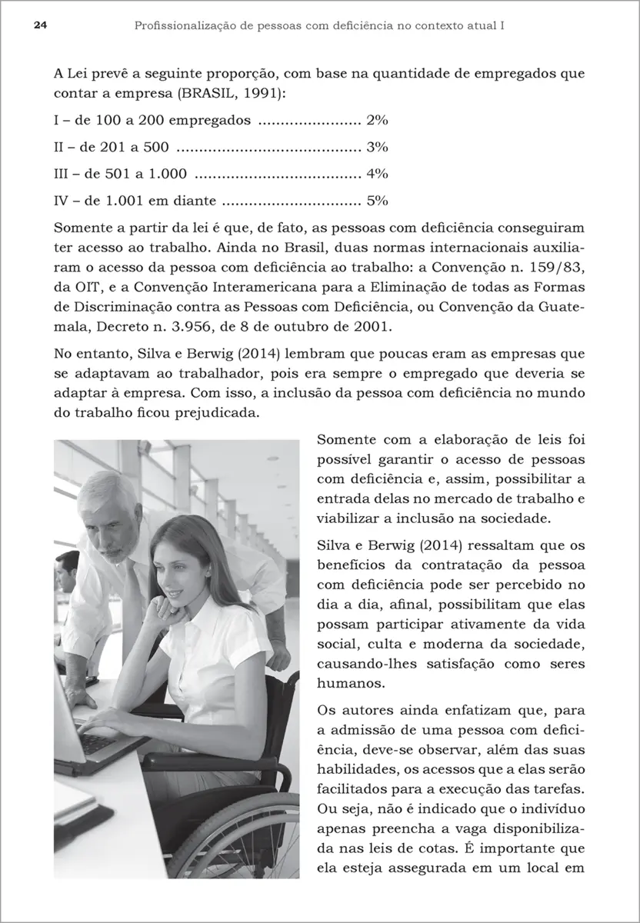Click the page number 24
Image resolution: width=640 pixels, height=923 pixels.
20,25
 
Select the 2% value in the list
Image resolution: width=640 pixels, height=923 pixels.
377,120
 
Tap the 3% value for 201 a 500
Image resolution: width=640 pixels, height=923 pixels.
377,147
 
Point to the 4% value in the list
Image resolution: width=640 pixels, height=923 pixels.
377,174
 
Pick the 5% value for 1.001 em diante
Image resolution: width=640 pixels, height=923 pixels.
377,202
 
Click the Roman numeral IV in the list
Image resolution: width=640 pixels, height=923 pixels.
63,202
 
